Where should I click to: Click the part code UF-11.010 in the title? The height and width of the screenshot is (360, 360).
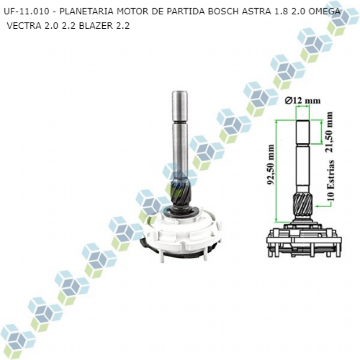point(27,11)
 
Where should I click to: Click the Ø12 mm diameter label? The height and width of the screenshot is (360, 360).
point(303,100)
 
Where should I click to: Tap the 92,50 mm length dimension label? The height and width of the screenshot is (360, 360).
point(271,164)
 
